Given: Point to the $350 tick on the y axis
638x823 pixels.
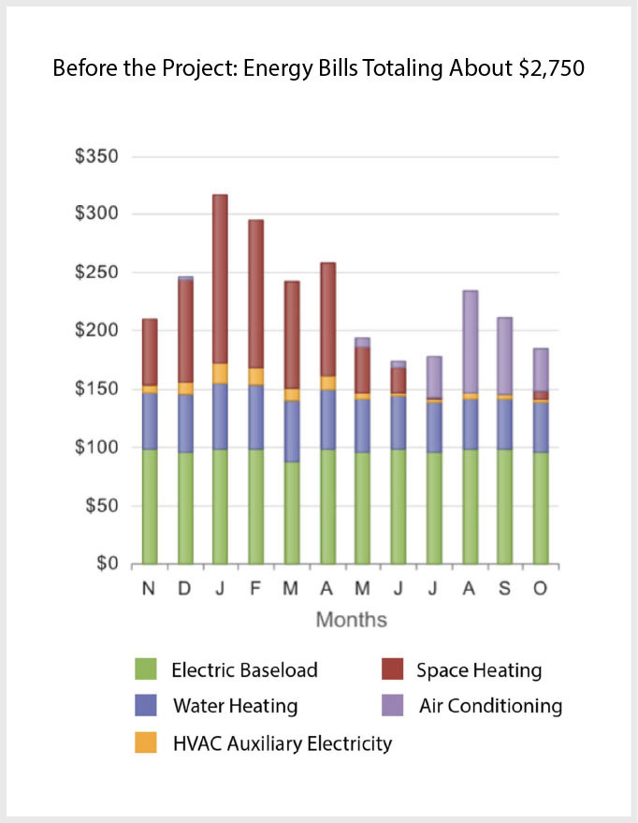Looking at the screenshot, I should pos(98,156).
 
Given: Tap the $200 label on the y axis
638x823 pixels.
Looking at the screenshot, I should pos(98,331).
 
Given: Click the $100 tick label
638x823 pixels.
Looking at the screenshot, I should pos(98,448).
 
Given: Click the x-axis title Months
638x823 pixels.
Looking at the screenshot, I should pos(351,620).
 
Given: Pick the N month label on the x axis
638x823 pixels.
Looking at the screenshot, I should pos(149,587).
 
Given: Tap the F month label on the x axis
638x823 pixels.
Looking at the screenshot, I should pos(255,587).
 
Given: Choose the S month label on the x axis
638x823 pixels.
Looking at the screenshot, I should pos(504,587).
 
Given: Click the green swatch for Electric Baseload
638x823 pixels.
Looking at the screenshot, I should pos(145,669).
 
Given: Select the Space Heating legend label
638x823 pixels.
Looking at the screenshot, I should pos(478,670).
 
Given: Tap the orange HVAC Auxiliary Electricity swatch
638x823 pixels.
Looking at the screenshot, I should pos(145,743).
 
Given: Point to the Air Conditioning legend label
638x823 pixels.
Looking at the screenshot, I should pos(490,706).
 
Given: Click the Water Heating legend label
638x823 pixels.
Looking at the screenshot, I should pos(235,706).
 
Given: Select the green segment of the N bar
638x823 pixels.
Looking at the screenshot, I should pos(149,506).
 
